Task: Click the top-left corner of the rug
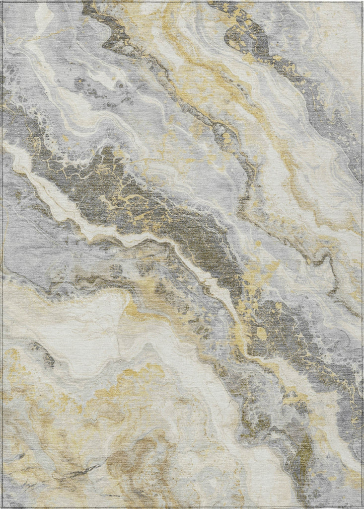(x=2, y=1)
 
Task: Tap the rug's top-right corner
(x=362, y=1)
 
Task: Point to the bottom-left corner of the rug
(x=2, y=507)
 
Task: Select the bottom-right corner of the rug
(x=362, y=507)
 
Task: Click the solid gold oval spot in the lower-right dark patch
(x=261, y=334)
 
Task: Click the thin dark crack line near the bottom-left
(x=79, y=470)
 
